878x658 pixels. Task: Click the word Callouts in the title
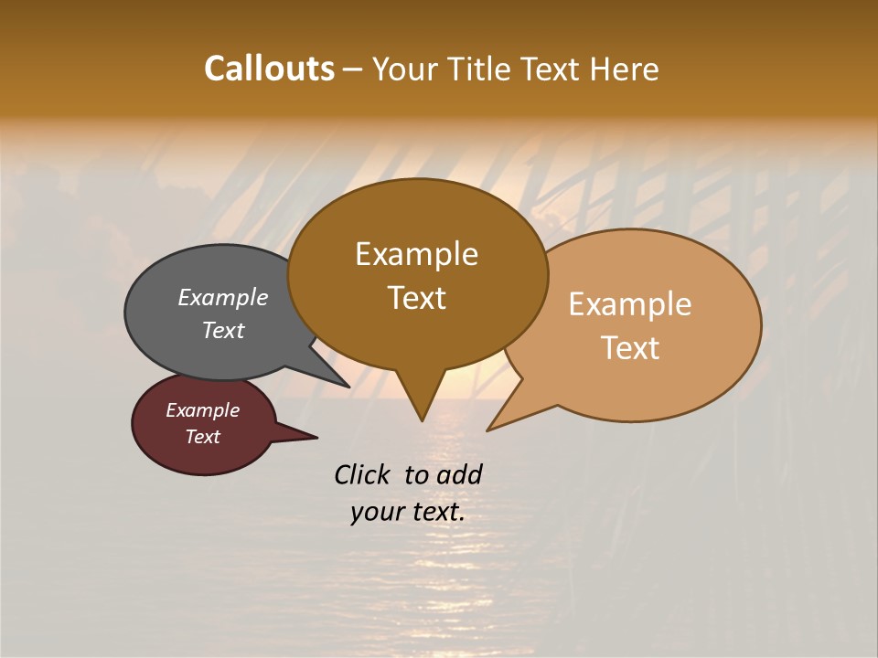[x=269, y=69]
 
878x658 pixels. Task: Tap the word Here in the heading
[x=623, y=69]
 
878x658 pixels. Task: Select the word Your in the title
[x=405, y=69]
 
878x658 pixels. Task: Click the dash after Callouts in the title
[x=354, y=69]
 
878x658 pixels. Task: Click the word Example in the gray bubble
[x=223, y=297]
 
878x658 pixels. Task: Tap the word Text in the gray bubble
[x=223, y=330]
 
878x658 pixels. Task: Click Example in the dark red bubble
[x=202, y=410]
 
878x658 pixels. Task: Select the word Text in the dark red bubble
[x=202, y=437]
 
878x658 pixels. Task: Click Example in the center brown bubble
[x=416, y=254]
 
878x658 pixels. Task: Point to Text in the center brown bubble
[x=416, y=297]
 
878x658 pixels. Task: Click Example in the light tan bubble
[x=630, y=304]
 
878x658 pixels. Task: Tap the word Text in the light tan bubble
[x=630, y=347]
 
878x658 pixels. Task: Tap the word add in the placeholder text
[x=459, y=474]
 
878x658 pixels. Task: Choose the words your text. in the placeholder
[x=407, y=512]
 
